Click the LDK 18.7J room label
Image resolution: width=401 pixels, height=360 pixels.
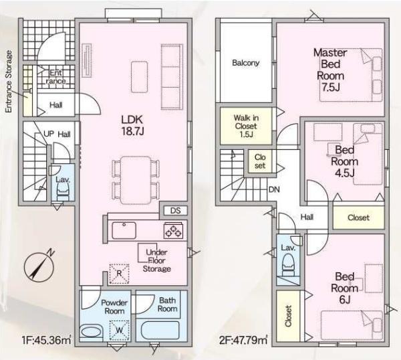[133, 125]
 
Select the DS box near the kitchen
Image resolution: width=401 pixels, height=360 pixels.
[175, 211]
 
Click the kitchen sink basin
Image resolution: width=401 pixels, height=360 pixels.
[124, 230]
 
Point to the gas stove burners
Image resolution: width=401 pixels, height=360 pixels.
[173, 230]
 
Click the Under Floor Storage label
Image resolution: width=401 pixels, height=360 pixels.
[156, 260]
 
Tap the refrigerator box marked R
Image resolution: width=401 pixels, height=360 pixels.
[119, 274]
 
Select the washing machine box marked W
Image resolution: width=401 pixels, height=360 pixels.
[120, 331]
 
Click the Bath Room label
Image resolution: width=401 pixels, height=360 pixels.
[167, 304]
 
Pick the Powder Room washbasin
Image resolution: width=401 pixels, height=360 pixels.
[92, 332]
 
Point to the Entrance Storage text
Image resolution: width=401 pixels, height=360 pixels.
[9, 82]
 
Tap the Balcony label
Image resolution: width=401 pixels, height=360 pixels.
[245, 63]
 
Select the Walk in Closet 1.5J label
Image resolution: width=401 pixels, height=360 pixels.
[246, 126]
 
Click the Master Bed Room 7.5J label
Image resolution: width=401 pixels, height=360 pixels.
[330, 70]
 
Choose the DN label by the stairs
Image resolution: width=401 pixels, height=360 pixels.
[274, 190]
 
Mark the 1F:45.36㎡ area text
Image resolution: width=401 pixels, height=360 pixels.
[46, 341]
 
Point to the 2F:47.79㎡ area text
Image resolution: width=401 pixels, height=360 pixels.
[243, 341]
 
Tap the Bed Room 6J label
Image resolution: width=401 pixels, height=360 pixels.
[344, 288]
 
